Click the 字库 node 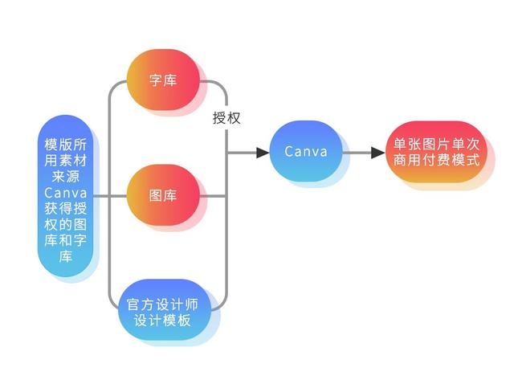pos(163,80)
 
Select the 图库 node pos(163,195)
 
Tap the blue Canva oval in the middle pos(306,151)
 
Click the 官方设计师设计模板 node pos(164,309)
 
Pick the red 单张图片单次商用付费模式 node pos(436,152)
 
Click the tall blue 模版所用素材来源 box pos(66,196)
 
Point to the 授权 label pos(226,118)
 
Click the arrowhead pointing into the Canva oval pos(263,153)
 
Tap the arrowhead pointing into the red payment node pos(378,153)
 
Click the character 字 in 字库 pos(156,80)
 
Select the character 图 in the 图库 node pos(156,195)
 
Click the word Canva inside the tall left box pos(66,193)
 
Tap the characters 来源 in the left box pos(66,177)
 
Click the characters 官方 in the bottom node pos(141,304)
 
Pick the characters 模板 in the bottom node pos(177,320)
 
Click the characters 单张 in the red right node pos(407,145)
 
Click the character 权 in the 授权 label pos(234,118)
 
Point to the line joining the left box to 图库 pos(110,196)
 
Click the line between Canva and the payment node pos(357,153)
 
